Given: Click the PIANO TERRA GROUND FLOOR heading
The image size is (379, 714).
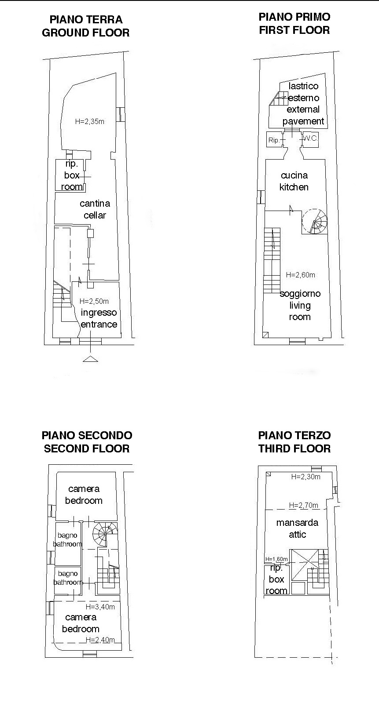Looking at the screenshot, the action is [x=85, y=26].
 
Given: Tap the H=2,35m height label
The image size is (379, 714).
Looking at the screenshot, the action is [x=90, y=121].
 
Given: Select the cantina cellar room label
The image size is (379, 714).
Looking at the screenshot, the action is [x=95, y=209].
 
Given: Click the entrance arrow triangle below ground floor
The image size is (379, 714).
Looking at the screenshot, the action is [x=90, y=359].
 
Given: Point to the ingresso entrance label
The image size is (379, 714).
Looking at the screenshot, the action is [x=99, y=318].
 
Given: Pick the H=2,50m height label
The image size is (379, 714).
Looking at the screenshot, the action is [x=94, y=301].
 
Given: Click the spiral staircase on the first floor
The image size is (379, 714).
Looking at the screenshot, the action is [x=315, y=221].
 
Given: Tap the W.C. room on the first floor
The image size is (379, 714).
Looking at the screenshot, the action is [x=310, y=139].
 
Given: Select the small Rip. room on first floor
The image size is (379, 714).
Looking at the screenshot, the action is [x=274, y=140].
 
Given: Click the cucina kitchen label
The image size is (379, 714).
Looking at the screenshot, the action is [x=294, y=181].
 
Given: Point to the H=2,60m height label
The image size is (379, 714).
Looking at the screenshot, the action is [x=301, y=275].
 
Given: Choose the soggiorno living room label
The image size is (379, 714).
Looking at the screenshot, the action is [x=300, y=305].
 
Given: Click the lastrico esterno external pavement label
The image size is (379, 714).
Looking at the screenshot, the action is [x=303, y=104].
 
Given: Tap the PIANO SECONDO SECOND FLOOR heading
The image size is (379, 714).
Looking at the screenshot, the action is [x=87, y=442].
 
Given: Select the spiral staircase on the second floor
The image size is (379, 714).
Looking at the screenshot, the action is [x=105, y=534].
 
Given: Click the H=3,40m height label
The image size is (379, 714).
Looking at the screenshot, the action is [x=100, y=607].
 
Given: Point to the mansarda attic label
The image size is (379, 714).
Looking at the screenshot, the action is [x=297, y=528].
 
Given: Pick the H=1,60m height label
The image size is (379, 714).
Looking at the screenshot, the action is [x=276, y=559].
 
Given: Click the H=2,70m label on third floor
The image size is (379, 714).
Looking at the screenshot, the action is [x=304, y=505].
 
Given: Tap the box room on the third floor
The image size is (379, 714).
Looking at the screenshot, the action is [x=276, y=579].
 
